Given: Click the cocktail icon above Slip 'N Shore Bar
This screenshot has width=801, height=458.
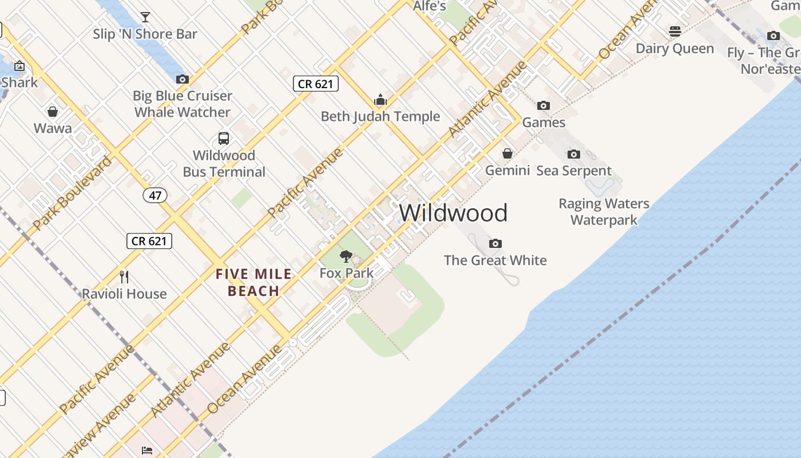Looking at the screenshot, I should (145, 17).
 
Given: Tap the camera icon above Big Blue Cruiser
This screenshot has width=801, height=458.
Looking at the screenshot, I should (183, 79).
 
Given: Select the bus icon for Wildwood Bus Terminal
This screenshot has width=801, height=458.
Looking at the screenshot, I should (224, 138).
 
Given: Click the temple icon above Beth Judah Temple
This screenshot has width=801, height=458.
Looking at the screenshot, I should (380, 100).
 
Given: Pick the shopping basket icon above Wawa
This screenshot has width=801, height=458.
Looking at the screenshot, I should (53, 111).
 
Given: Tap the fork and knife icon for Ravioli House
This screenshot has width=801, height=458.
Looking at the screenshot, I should (124, 277).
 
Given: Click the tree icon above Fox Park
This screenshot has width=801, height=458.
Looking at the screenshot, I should (346, 256).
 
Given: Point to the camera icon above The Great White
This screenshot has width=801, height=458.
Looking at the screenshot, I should (495, 243).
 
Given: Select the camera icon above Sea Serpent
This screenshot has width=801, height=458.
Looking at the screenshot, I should (574, 154).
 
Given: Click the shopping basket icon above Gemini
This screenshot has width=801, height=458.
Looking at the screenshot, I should (507, 153).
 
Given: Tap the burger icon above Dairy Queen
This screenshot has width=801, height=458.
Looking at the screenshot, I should (675, 31).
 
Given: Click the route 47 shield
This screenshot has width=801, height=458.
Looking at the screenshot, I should (155, 195).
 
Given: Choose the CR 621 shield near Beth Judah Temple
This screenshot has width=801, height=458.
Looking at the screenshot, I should (316, 84).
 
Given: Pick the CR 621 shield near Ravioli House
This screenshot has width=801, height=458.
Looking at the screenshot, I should (149, 241).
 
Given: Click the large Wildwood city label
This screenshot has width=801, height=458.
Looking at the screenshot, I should (453, 213).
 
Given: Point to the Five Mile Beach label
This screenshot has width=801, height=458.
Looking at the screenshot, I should (253, 283).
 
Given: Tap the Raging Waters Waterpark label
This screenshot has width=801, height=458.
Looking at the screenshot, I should (604, 212).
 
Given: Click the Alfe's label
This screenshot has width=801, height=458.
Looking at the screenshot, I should (429, 6).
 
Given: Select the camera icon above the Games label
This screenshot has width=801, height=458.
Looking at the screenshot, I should (544, 105).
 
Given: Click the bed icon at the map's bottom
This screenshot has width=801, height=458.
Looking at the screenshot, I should (147, 450).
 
